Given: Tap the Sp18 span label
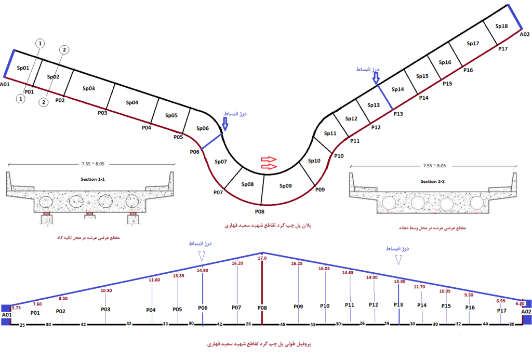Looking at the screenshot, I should [501, 26].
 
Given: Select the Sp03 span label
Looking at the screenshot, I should [89, 88].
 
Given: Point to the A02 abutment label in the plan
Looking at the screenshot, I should [525, 34].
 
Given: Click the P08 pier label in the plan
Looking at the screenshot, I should [260, 211].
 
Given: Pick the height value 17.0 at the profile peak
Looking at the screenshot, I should [262, 258].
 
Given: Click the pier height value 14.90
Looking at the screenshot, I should [203, 270].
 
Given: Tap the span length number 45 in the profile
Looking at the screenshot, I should [284, 325].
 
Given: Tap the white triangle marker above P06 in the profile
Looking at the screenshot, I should [203, 255].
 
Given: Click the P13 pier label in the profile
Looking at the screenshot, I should [398, 305].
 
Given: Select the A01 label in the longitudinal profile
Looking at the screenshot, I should [6, 314].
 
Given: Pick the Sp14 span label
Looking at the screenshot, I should [397, 89].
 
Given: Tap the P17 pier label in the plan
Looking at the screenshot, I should [502, 49].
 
